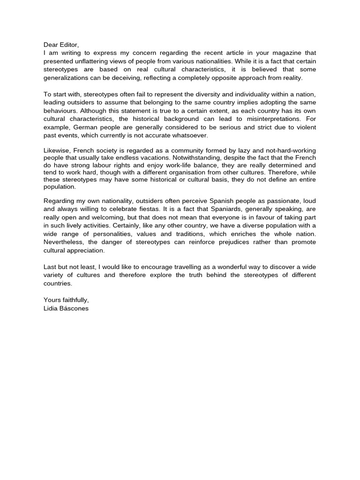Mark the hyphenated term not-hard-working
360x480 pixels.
coord(292,150)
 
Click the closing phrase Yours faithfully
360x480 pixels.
coord(66,300)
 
